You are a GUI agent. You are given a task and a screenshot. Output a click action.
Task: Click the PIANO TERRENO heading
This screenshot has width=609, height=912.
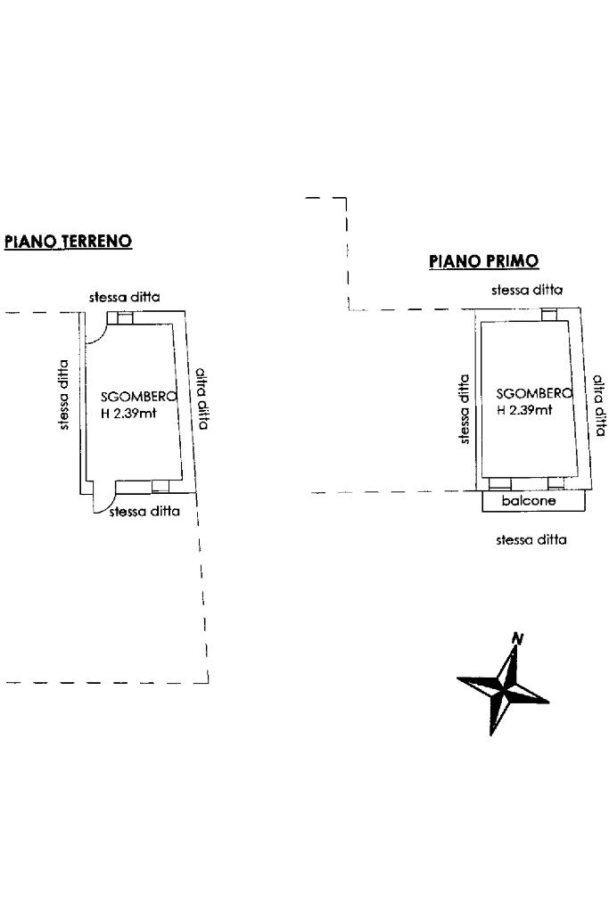(x=69, y=241)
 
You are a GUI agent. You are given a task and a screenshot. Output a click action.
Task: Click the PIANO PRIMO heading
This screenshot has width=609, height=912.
(x=483, y=260)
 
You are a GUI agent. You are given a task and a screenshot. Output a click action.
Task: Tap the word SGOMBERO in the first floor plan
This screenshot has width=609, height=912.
(x=532, y=393)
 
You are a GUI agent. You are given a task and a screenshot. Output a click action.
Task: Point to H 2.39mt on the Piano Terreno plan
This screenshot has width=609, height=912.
(x=128, y=412)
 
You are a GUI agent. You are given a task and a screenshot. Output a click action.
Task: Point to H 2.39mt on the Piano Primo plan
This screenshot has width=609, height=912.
(x=524, y=410)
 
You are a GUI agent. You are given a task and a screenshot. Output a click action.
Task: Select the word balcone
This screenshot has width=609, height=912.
(x=529, y=501)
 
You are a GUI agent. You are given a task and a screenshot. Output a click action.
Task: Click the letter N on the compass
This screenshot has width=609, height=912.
(x=516, y=638)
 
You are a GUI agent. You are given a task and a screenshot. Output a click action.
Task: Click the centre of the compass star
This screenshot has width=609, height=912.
(x=504, y=689)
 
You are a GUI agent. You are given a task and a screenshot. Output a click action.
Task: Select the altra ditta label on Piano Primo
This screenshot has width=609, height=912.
(x=599, y=404)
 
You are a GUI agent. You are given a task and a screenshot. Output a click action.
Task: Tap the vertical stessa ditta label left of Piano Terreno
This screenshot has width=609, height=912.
(x=63, y=394)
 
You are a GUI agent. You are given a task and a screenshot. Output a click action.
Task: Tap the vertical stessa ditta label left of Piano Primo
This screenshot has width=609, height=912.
(x=464, y=408)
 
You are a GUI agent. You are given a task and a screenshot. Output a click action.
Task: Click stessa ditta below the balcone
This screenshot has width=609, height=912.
(x=531, y=539)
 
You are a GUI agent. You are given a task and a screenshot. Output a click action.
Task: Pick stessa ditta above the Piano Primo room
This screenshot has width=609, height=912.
(x=526, y=290)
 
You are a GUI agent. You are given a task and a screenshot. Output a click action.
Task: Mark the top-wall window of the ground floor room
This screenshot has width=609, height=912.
(x=118, y=317)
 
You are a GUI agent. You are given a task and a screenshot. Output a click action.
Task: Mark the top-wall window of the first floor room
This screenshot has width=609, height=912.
(x=548, y=314)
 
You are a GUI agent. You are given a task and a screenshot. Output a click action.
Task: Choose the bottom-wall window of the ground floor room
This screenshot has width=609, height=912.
(x=160, y=486)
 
